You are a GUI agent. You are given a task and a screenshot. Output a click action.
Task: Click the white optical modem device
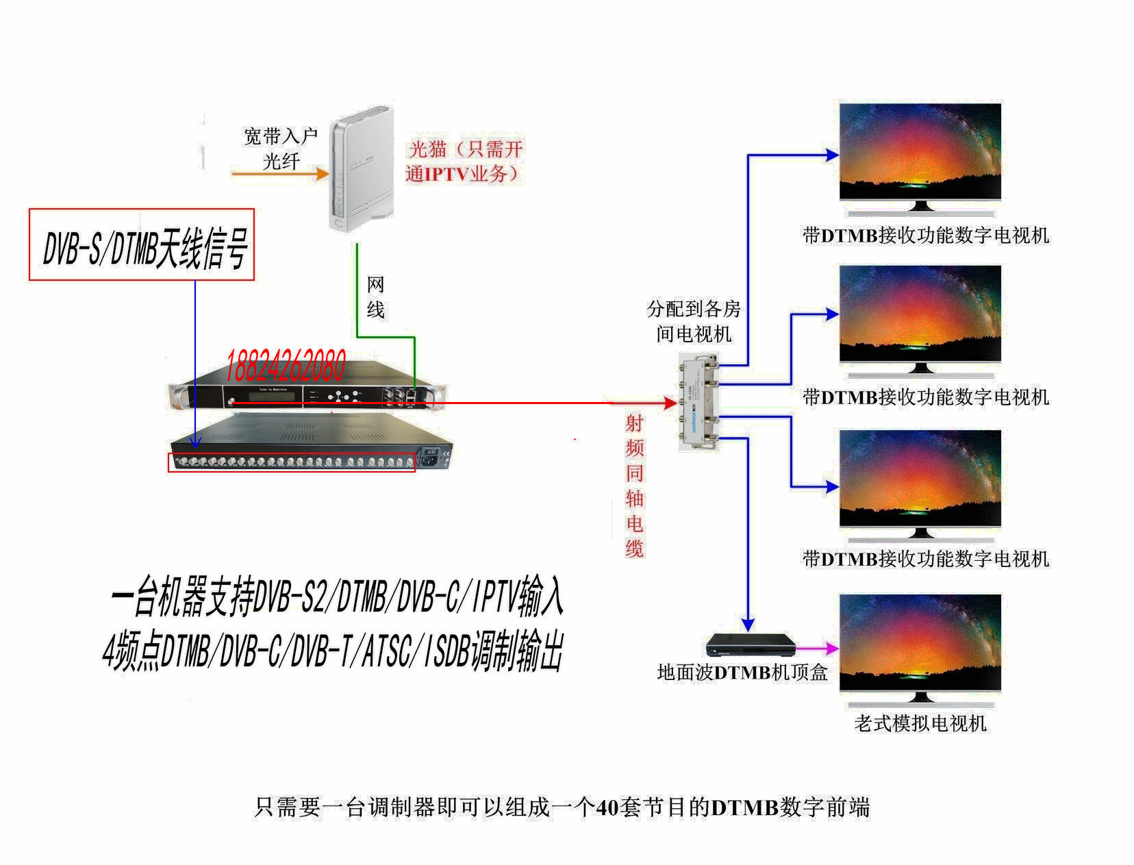(x=361, y=170)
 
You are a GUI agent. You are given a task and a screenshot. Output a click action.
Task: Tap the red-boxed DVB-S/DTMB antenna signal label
(x=142, y=245)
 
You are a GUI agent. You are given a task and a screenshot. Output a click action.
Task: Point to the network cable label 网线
(x=375, y=297)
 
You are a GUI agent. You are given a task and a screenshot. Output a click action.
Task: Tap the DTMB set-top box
(x=751, y=645)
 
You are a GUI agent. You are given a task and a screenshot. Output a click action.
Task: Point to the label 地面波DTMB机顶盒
(x=742, y=673)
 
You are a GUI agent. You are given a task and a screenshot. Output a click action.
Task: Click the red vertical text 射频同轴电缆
(x=635, y=486)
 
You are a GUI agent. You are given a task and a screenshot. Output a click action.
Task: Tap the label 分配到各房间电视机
(x=694, y=321)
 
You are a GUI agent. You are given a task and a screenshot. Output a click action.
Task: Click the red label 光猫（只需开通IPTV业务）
(x=464, y=161)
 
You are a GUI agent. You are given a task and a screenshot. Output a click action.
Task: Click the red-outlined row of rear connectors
(x=292, y=462)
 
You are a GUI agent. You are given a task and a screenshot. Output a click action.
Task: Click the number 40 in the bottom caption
(x=607, y=808)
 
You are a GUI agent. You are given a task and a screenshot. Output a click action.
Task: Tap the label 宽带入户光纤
(x=281, y=149)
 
